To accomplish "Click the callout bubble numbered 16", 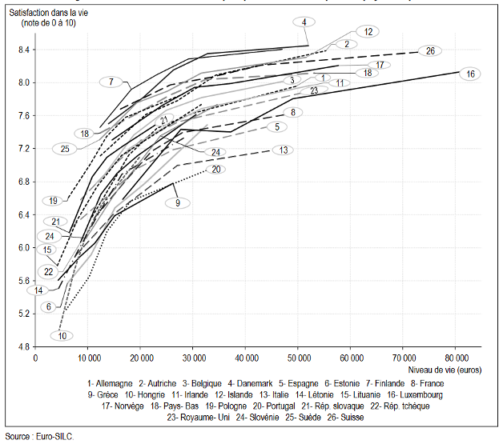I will tap(471, 74).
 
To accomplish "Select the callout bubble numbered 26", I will tap(430, 51).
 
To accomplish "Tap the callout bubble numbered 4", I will tap(305, 22).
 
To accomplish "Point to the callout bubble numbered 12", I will tap(368, 32).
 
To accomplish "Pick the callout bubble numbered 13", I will tap(284, 150).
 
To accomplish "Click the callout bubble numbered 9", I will tap(178, 203).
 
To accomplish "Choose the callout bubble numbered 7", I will tap(112, 82).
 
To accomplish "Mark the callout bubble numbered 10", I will tap(62, 336).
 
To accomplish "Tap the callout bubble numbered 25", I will tap(65, 149).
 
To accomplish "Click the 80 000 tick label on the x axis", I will tap(456, 357).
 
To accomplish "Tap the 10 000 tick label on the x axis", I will tap(88, 357).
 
